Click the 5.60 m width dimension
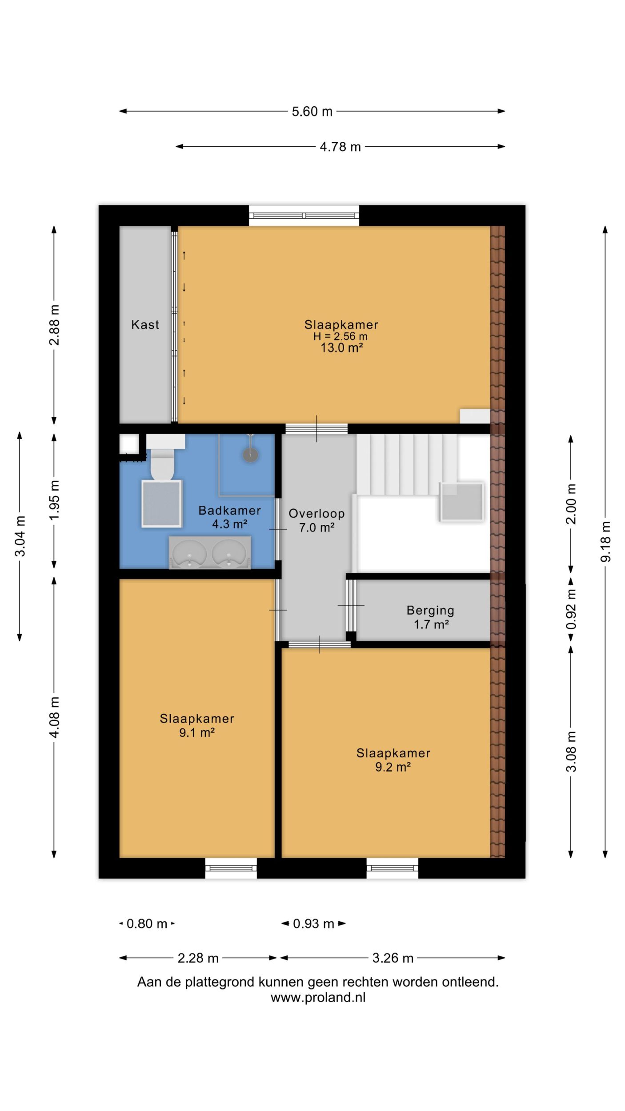312,111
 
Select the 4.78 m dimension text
340,147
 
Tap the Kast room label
145,325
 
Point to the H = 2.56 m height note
341,336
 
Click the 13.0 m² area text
342,348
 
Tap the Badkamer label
229,511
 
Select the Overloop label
317,514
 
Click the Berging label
430,611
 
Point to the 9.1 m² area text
197,732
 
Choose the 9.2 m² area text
393,767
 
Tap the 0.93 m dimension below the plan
313,924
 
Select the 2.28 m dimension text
198,958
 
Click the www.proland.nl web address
318,998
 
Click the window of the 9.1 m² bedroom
231,868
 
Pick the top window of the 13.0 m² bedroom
304,216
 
